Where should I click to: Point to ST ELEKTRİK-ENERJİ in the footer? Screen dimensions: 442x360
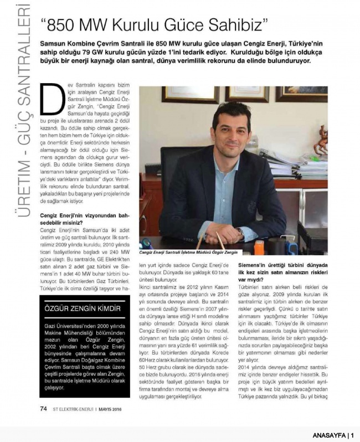pyautogui.click(x=73, y=410)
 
